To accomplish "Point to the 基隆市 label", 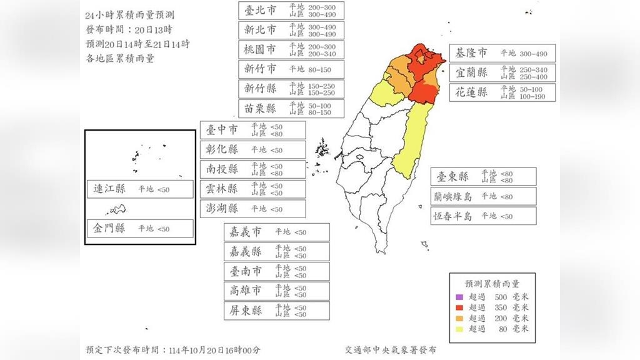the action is click(x=471, y=54).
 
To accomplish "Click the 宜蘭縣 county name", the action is click(x=471, y=72).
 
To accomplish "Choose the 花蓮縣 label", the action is click(x=471, y=92).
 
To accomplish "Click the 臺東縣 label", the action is click(x=452, y=177).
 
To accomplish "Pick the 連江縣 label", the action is click(x=109, y=189).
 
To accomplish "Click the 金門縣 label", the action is click(x=109, y=228).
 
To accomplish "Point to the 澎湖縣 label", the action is click(x=222, y=209).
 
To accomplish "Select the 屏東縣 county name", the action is click(x=246, y=311).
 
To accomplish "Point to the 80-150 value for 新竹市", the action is click(x=319, y=69).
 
